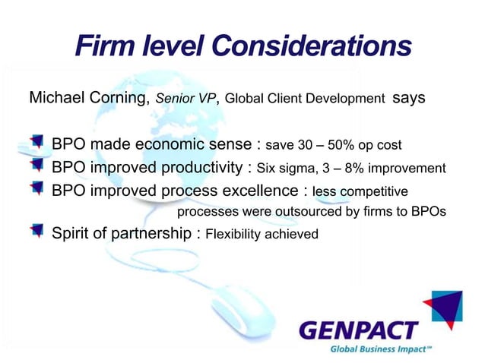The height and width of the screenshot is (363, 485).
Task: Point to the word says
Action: [408, 99]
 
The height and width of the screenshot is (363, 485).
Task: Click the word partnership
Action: [156, 234]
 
